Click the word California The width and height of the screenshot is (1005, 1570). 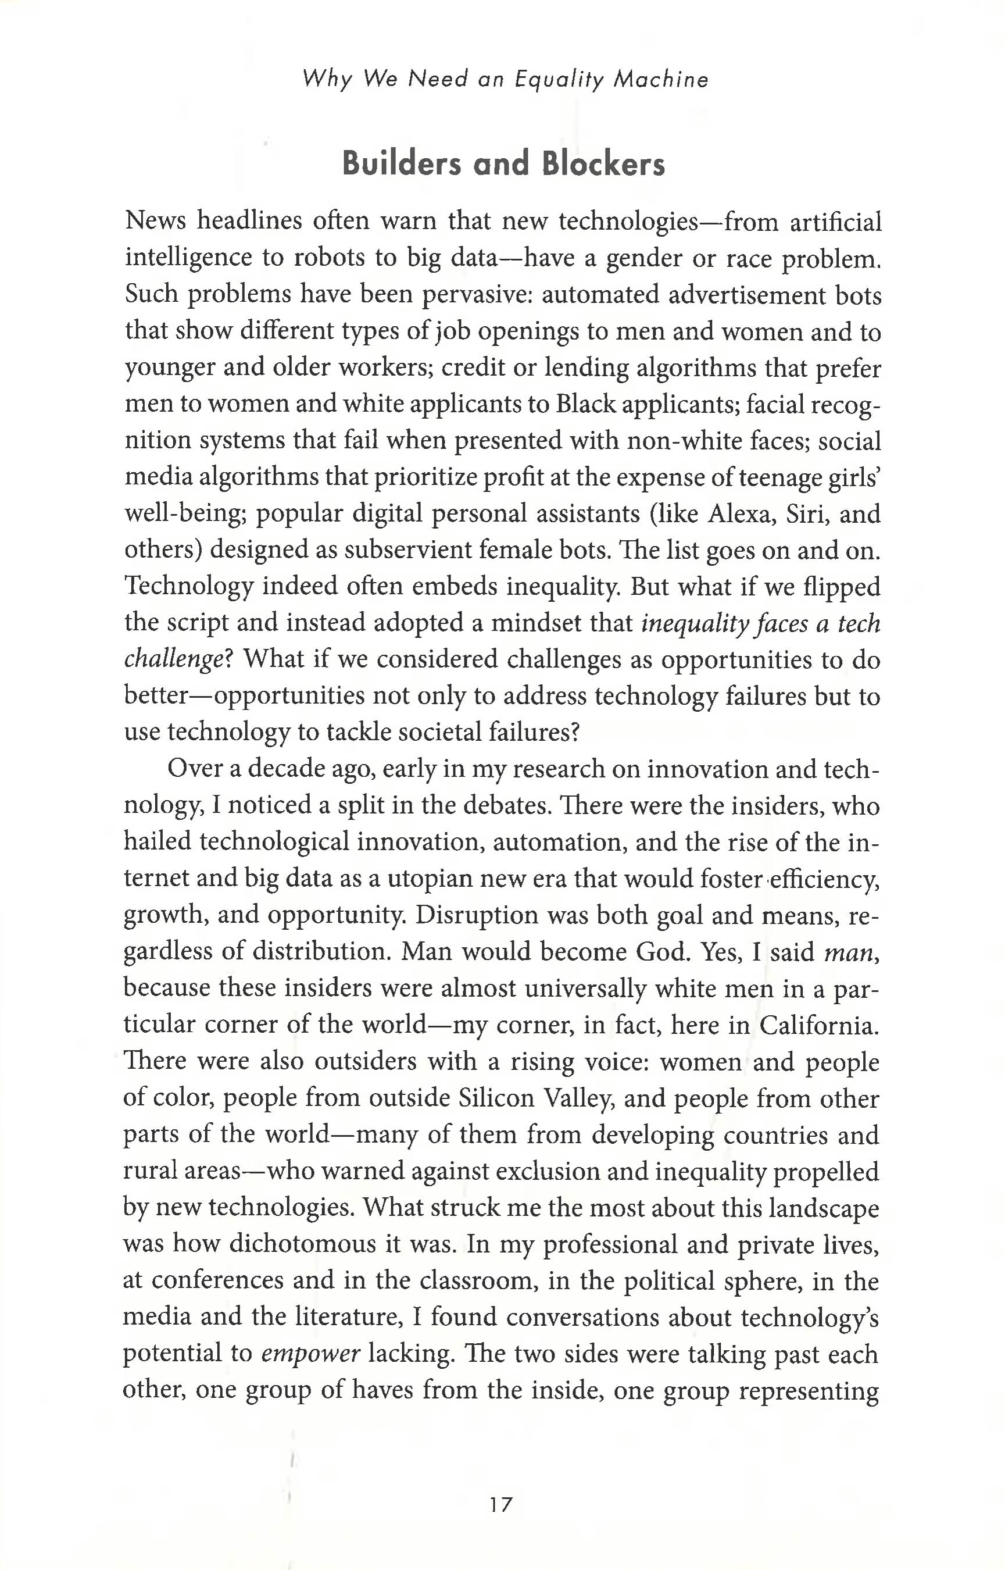click(x=818, y=1026)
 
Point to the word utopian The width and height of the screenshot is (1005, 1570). click(x=430, y=879)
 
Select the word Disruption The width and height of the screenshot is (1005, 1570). click(x=477, y=916)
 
